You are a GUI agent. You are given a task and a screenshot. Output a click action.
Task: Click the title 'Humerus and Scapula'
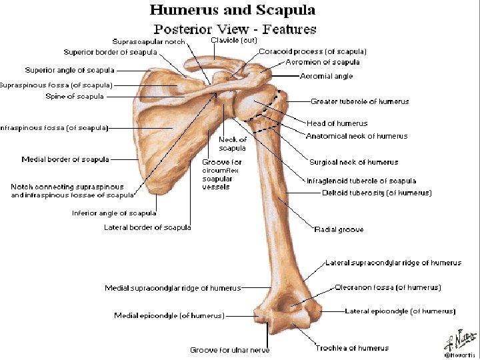tap(233, 10)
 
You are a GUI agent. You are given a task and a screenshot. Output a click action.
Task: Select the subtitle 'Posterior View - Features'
tap(235, 29)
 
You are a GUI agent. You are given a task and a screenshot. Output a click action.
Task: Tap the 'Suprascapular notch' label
tap(149, 41)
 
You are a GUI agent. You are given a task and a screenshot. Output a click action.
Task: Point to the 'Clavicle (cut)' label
tap(233, 40)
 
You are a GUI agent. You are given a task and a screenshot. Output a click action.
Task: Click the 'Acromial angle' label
tap(327, 77)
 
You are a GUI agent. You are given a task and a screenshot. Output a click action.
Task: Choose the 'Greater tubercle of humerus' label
tap(360, 101)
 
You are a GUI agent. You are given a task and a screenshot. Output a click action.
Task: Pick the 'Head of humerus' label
tap(337, 123)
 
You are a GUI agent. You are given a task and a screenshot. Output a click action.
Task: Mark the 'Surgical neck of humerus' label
tap(353, 162)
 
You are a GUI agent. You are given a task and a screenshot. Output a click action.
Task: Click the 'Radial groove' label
tap(339, 229)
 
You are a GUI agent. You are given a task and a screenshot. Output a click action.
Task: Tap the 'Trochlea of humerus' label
tap(352, 348)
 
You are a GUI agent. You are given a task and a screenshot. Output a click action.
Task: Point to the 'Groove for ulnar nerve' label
tap(229, 349)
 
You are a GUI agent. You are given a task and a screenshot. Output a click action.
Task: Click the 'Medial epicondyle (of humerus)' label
tap(169, 315)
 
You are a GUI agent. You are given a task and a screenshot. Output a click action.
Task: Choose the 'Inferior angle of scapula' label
tap(114, 213)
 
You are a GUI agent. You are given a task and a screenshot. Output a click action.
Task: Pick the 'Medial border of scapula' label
tap(65, 159)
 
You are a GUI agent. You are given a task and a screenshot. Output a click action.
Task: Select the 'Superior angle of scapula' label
tap(69, 70)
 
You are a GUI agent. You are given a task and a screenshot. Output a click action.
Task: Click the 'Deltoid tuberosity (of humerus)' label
tap(377, 193)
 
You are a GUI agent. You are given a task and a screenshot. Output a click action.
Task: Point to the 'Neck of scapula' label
tap(233, 143)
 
